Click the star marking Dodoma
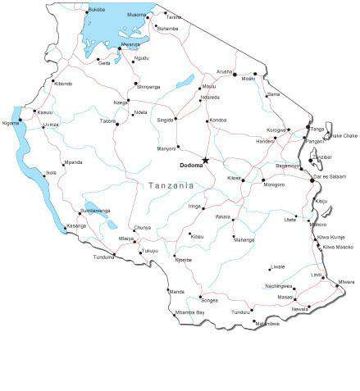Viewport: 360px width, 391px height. point(205,161)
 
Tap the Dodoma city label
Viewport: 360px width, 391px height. point(190,166)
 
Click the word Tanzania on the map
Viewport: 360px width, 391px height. point(171,186)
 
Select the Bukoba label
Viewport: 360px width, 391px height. point(96,9)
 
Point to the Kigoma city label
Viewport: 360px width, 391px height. point(10,123)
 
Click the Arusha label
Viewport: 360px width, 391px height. point(224,71)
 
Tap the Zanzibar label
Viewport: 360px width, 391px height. point(321,157)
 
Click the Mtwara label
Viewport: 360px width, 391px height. point(346,282)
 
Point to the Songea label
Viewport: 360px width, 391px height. point(209,301)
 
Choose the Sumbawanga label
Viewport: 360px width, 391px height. point(95,210)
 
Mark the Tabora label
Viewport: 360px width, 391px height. point(107,120)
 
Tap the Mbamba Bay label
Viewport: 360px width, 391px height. point(189,312)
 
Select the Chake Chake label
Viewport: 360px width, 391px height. point(344,135)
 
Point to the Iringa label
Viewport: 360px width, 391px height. point(194,207)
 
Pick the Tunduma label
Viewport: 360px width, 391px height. point(103,257)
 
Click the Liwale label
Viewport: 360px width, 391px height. point(277,266)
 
